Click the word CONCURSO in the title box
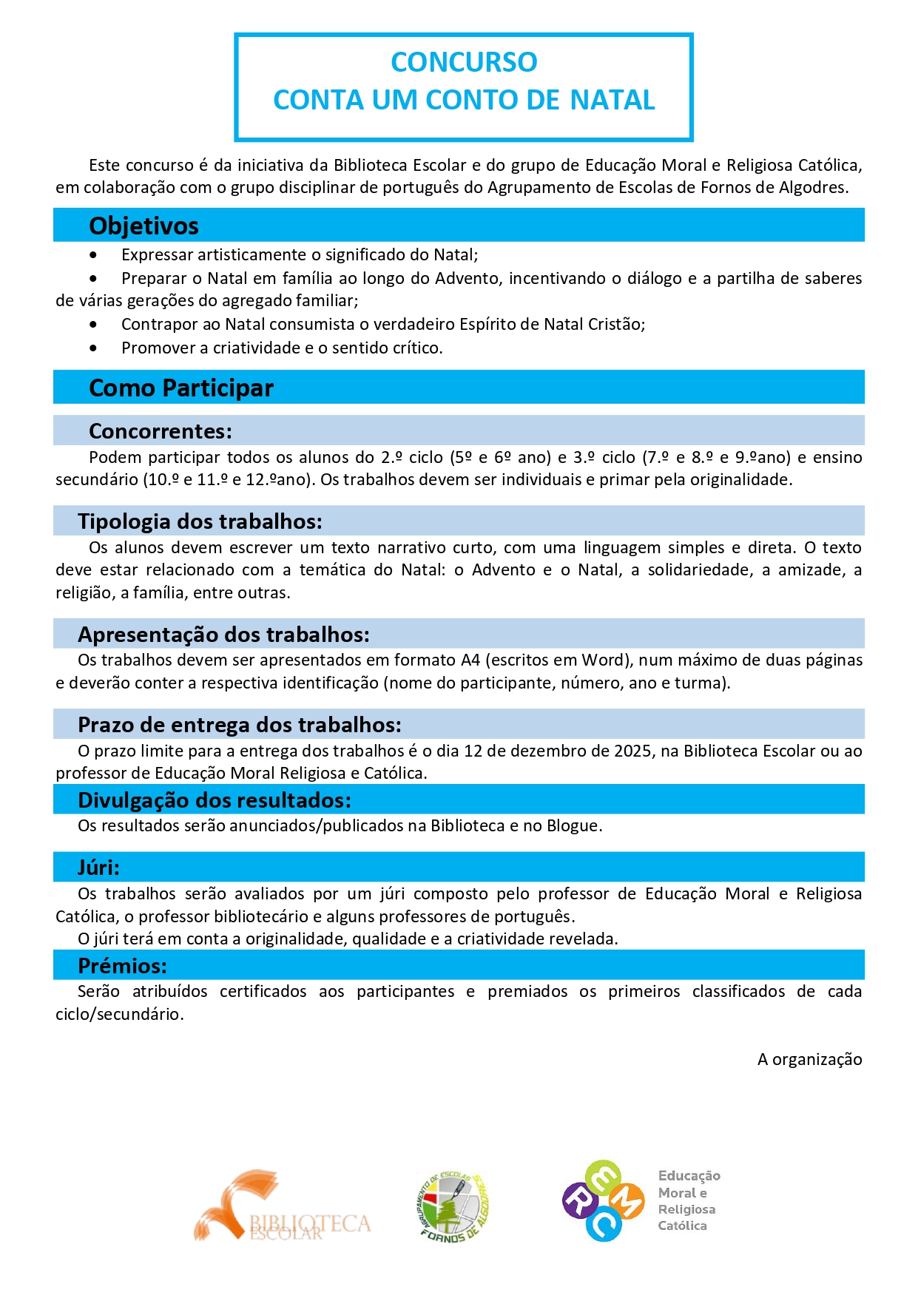coord(464,62)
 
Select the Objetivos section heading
coord(144,226)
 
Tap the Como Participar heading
coord(181,388)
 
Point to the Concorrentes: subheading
coord(161,431)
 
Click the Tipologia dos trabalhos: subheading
coord(200,521)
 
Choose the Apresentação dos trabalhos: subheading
coord(223,635)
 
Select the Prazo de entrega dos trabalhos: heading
coord(240,725)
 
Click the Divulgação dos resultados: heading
coord(215,800)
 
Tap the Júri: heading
coord(98,868)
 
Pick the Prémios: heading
coord(122,966)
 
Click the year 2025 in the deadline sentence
coord(632,751)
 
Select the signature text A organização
coord(809,1060)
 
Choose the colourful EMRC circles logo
coord(602,1201)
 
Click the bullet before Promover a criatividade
coord(93,348)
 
